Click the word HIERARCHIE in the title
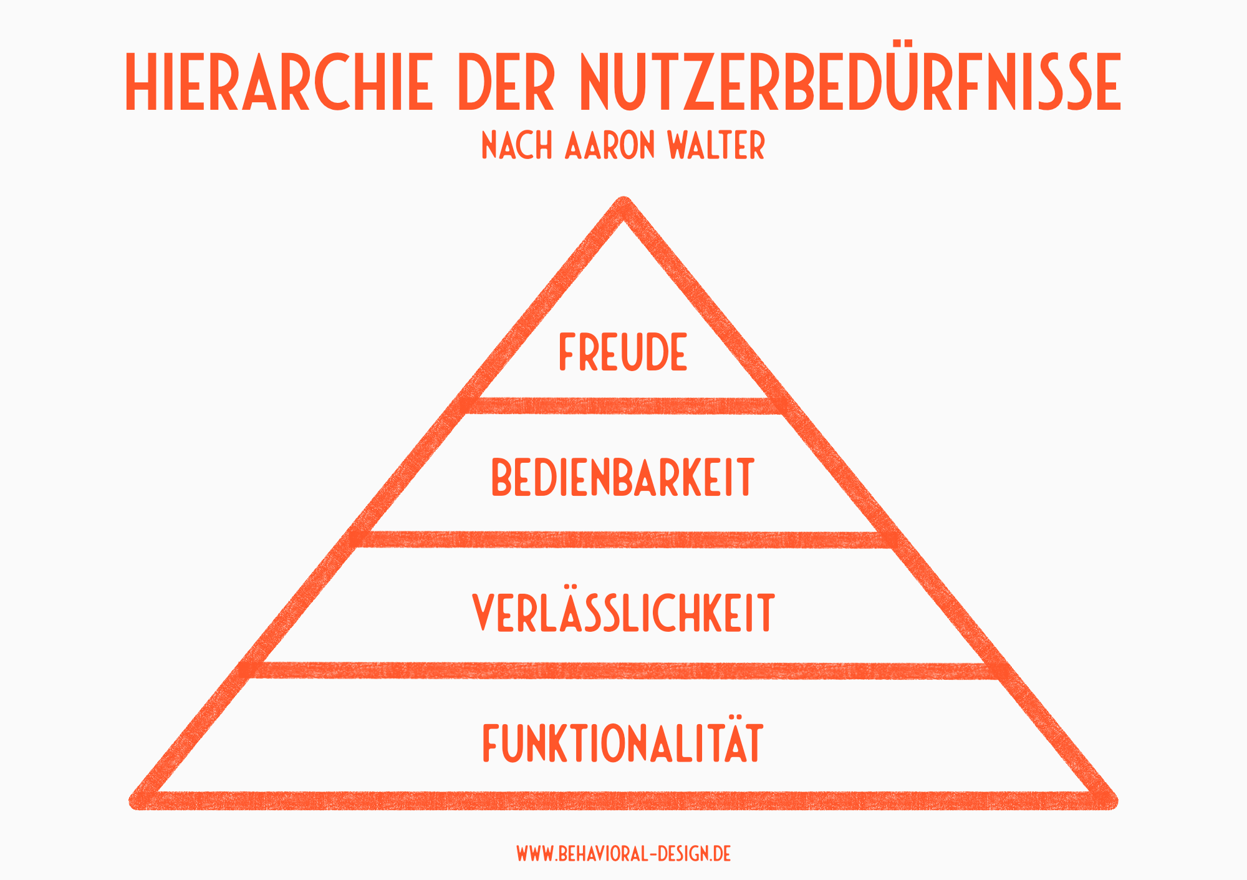[x=279, y=82]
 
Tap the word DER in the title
[x=506, y=82]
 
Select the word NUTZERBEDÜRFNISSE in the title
[x=850, y=82]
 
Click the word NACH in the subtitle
[x=517, y=146]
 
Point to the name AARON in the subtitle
[x=610, y=146]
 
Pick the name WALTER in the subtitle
[x=716, y=146]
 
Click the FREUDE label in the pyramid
[x=623, y=352]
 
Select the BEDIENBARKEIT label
[x=623, y=478]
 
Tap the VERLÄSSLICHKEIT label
[x=623, y=613]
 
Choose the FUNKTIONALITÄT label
[x=623, y=743]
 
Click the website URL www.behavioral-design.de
[x=623, y=854]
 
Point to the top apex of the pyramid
[x=623, y=206]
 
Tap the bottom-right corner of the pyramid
[x=1109, y=800]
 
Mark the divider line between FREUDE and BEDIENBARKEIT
[x=623, y=406]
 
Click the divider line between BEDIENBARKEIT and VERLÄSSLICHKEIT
[x=623, y=539]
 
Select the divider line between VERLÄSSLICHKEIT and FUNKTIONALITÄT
[x=623, y=671]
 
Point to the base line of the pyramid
[x=623, y=801]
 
